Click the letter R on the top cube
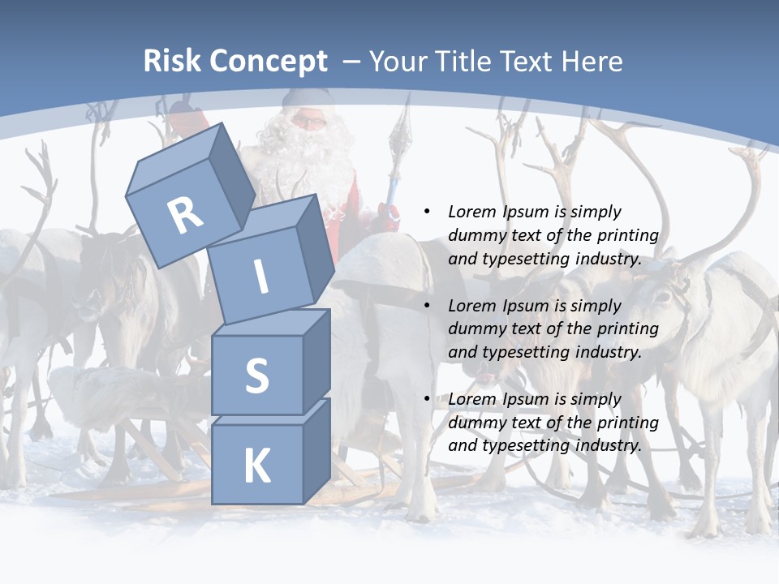tap(186, 216)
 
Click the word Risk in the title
tap(172, 61)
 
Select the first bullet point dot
tap(427, 212)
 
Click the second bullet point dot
tap(427, 306)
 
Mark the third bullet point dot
tap(427, 399)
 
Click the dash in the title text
tap(352, 62)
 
